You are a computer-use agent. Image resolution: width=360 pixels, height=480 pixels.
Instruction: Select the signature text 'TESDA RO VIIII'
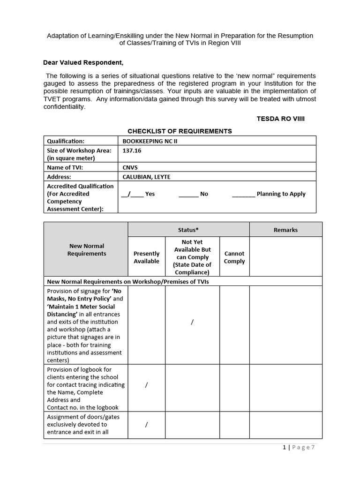click(x=280, y=119)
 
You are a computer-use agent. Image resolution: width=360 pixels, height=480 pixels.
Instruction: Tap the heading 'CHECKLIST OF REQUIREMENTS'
click(x=180, y=131)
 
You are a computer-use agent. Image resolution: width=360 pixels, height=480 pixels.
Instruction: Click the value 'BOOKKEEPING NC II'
click(x=150, y=141)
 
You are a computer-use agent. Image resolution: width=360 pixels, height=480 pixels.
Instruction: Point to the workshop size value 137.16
click(x=132, y=150)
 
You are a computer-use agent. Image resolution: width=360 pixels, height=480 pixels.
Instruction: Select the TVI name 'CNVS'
click(x=130, y=167)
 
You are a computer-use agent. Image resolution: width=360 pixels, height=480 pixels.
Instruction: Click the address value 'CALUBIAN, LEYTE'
click(x=146, y=177)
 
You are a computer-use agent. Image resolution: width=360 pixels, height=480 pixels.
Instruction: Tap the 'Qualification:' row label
click(x=66, y=141)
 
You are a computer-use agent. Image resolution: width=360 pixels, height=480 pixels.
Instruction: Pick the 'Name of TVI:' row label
click(x=65, y=167)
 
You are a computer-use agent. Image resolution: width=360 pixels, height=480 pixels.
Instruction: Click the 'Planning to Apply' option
click(x=269, y=194)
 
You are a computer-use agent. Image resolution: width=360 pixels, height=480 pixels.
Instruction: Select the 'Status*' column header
click(x=188, y=230)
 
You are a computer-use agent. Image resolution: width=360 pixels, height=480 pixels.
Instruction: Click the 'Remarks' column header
click(x=285, y=230)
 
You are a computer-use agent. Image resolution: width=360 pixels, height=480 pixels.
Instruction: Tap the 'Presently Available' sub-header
click(x=146, y=257)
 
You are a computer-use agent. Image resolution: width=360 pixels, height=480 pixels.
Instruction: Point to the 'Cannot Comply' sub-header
click(x=234, y=257)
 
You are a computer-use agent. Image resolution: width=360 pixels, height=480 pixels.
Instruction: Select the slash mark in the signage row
click(x=192, y=322)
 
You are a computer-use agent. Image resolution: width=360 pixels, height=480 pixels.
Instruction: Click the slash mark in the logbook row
click(x=147, y=385)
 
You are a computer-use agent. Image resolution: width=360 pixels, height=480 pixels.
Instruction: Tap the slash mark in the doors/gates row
click(x=147, y=425)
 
